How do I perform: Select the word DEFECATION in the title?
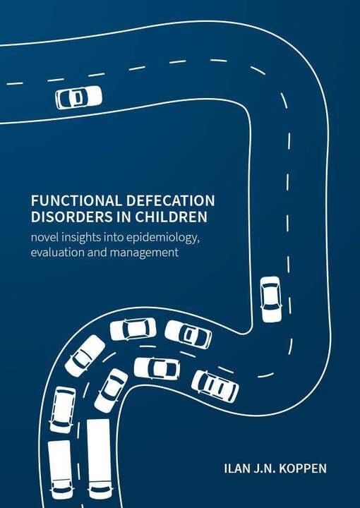coord(169,201)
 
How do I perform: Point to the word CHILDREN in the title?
coord(171,217)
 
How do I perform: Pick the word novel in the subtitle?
coord(41,238)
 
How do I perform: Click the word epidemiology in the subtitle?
coord(162,238)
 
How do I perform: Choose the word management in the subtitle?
coord(144,253)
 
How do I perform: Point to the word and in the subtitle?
coord(96,252)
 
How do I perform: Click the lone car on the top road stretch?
coord(79,97)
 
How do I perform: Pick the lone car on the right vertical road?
coord(271,299)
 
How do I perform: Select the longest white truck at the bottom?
coord(99,459)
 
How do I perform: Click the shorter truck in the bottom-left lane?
coord(61,469)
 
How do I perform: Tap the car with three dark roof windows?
coord(215,387)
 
